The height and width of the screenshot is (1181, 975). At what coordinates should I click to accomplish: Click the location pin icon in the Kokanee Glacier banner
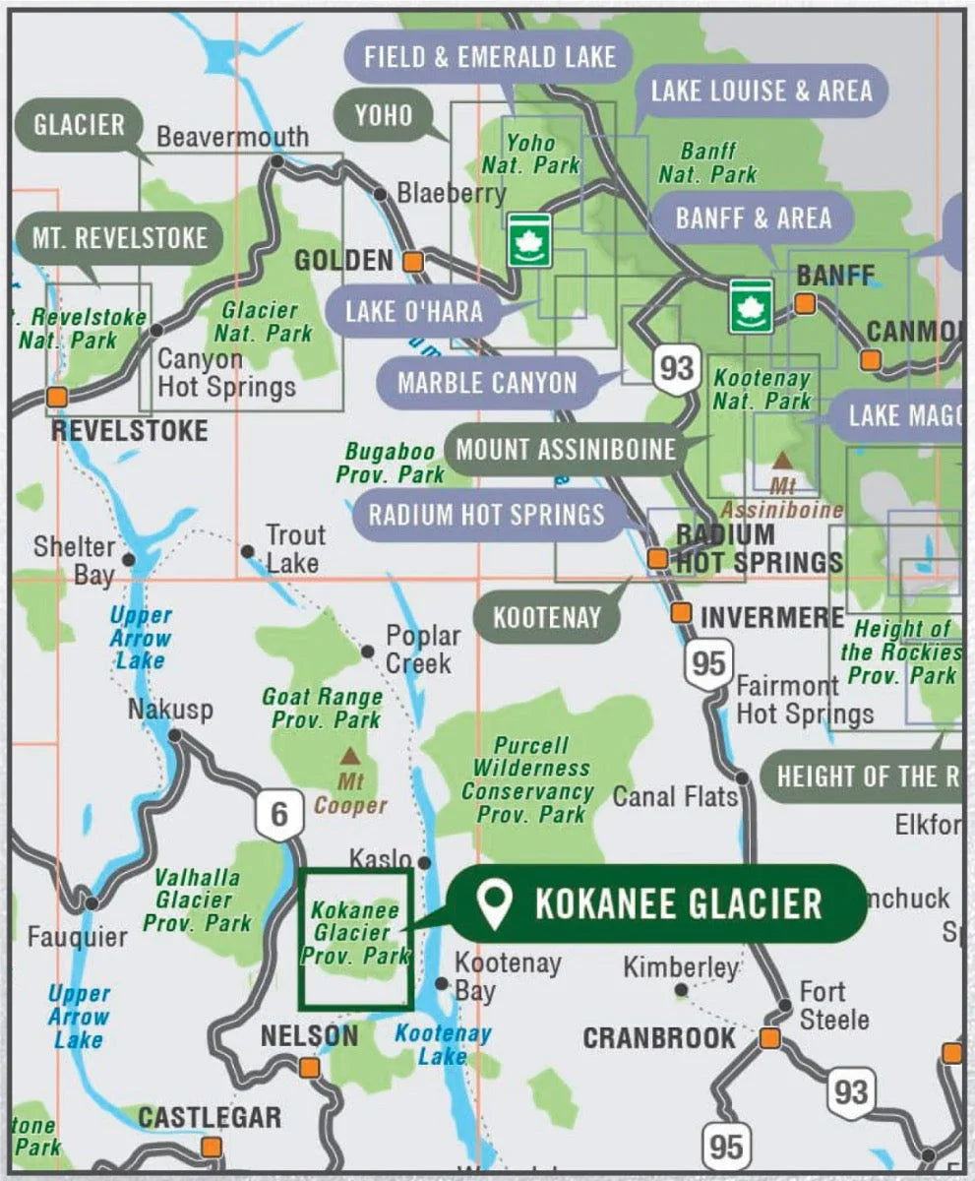[494, 904]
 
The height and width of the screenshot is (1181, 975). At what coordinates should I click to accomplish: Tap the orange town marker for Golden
[412, 262]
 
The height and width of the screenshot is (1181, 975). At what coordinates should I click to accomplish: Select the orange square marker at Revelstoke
[57, 397]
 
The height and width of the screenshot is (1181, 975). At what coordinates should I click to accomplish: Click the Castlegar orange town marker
[211, 1147]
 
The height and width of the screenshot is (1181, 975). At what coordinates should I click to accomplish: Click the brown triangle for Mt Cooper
[349, 757]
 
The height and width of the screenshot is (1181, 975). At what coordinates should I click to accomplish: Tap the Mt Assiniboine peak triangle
[782, 460]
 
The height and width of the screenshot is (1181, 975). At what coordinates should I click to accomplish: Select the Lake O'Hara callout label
[413, 312]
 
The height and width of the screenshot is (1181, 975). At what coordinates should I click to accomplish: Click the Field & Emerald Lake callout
[490, 56]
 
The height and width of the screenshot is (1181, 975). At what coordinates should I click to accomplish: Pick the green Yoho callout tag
[384, 115]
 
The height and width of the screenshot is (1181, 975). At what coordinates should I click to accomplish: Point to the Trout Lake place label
[294, 549]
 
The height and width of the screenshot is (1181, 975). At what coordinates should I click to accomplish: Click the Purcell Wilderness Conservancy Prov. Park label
[528, 779]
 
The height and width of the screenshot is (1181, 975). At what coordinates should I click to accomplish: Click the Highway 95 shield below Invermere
[707, 663]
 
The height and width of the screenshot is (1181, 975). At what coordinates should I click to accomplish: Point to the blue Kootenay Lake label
[442, 1045]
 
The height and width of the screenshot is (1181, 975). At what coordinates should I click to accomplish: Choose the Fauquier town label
[77, 937]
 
